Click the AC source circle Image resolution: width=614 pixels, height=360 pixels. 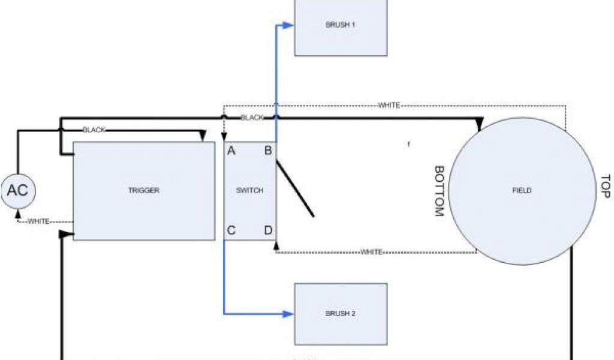[x=17, y=191]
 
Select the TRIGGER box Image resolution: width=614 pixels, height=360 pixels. [x=144, y=191]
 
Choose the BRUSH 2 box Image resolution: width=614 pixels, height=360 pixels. [x=341, y=313]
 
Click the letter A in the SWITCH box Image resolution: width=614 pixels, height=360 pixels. [x=231, y=151]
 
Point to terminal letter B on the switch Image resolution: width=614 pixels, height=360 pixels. [x=268, y=151]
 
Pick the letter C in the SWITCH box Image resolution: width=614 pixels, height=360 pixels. [x=231, y=230]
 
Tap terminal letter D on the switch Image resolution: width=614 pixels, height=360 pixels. [x=268, y=230]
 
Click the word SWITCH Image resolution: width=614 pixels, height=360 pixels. [x=249, y=191]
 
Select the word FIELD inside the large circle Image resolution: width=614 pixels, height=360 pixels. [x=522, y=191]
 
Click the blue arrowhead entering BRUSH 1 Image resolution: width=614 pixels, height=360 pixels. [x=289, y=25]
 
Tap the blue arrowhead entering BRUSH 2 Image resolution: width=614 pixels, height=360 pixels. [x=289, y=313]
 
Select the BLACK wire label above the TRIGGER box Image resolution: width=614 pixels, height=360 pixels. [x=94, y=130]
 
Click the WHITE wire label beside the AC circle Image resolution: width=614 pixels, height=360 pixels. [x=38, y=221]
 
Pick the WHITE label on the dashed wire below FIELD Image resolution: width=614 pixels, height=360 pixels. [x=371, y=252]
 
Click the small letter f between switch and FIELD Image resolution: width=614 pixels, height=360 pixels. [x=409, y=145]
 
